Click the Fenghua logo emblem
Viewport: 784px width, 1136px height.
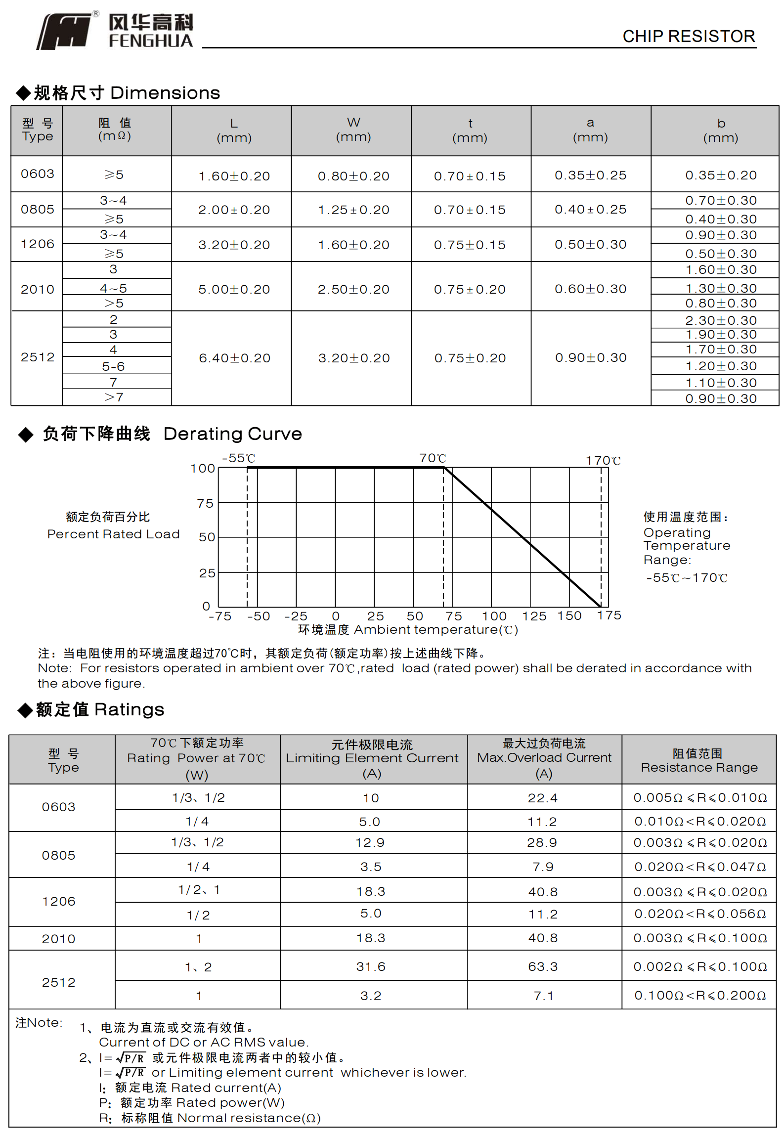pos(64,32)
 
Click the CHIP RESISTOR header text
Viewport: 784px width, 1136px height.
pos(689,37)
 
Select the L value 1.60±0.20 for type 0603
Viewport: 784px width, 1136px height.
pos(234,176)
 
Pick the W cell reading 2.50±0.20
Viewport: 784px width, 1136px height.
pos(353,289)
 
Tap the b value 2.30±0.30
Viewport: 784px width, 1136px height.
pos(721,320)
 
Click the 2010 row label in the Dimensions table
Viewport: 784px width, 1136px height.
pos(38,289)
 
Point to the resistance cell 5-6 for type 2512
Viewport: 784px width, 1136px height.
pos(113,366)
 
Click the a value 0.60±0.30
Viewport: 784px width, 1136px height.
pos(590,289)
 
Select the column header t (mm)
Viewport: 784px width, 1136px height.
pos(470,131)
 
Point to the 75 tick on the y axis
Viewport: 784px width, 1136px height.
pos(205,503)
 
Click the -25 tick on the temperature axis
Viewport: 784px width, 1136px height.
pos(296,616)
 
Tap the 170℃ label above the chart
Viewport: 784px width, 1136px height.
pos(603,461)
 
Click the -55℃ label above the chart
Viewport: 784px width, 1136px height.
pos(239,458)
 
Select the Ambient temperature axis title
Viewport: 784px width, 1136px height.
pos(408,630)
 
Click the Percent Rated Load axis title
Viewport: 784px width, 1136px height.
pos(113,534)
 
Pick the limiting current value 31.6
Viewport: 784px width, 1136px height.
pos(371,966)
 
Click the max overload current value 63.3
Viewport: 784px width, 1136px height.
pos(543,966)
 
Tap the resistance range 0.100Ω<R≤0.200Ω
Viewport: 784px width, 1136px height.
pos(700,995)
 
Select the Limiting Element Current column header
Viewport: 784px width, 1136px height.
pos(372,758)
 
